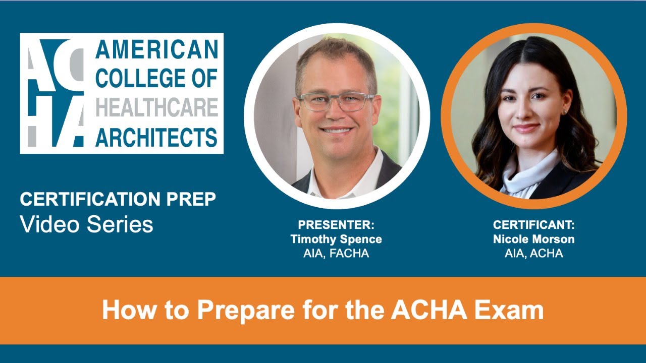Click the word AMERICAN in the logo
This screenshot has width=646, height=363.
pos(156,50)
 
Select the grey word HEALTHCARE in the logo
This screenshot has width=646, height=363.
pos(156,107)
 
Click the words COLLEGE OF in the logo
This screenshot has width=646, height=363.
pos(156,78)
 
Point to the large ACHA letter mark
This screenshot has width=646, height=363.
pos(56,93)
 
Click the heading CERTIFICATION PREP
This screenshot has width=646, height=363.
pos(118,200)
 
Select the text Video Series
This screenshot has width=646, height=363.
pos(86,224)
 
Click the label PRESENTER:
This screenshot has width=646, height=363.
pos(336,225)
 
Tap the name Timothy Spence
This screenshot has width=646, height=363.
pos(336,239)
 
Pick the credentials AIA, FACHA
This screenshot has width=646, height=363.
pos(336,254)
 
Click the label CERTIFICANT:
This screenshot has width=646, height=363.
pos(534,225)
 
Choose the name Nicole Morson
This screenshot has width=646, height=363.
pos(534,239)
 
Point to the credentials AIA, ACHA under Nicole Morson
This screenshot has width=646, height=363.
pos(534,254)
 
